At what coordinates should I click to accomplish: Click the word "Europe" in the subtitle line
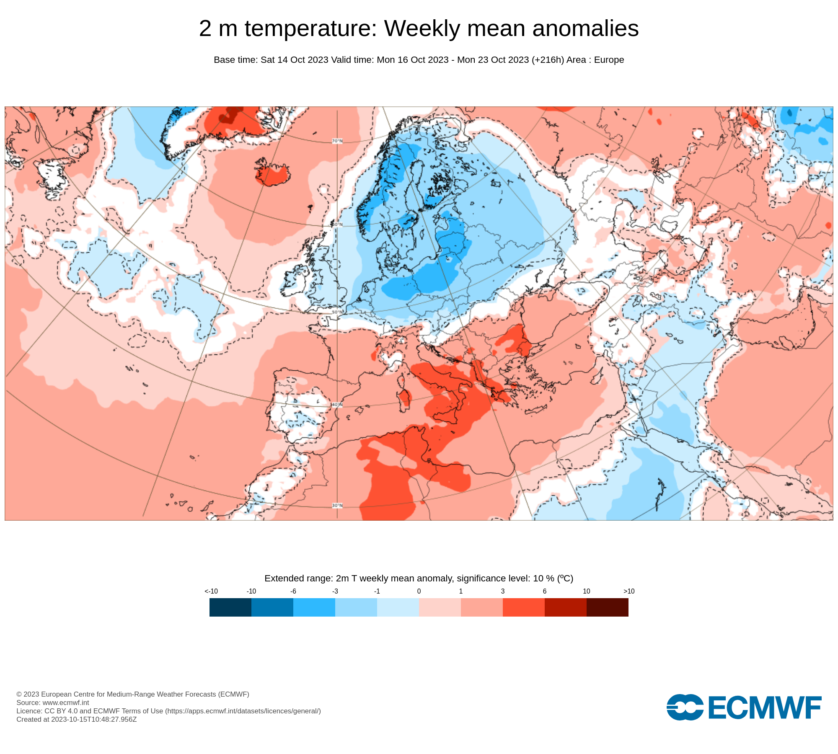[x=609, y=60]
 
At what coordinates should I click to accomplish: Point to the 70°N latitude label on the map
[x=337, y=141]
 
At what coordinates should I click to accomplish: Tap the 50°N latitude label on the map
[x=337, y=312]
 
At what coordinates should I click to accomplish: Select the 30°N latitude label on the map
[x=337, y=506]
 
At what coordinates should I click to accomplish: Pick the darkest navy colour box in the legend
[x=230, y=607]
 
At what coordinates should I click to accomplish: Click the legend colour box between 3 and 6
[x=523, y=607]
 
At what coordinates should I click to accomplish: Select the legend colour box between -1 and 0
[x=398, y=607]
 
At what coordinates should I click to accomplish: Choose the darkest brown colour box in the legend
[x=607, y=607]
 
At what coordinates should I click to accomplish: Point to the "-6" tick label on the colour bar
[x=293, y=591]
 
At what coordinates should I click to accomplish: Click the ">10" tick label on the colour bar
[x=628, y=591]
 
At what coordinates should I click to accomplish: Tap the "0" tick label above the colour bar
[x=419, y=591]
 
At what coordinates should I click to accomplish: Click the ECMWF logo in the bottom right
[x=744, y=708]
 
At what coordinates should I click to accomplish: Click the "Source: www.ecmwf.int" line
[x=53, y=702]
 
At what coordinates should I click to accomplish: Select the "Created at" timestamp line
[x=77, y=719]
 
